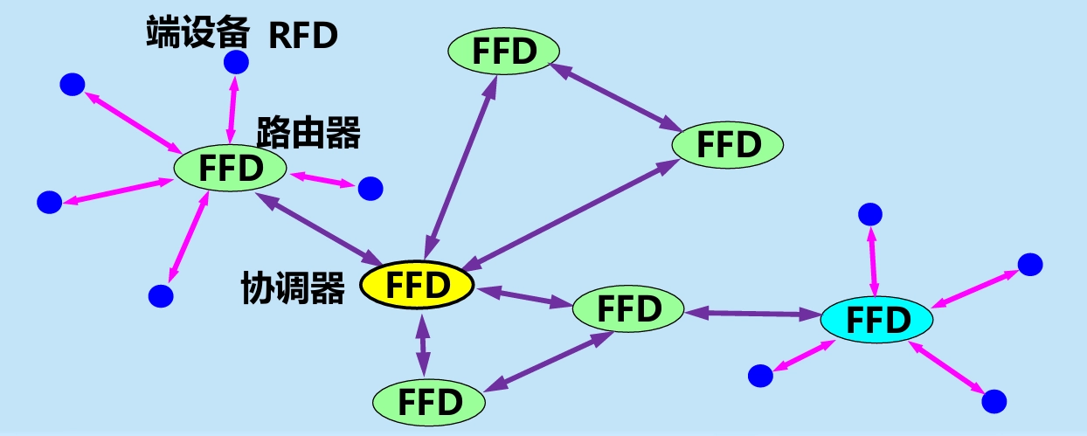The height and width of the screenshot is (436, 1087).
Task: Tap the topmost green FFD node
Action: (x=504, y=51)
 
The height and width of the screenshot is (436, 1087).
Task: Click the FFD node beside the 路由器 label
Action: (x=231, y=168)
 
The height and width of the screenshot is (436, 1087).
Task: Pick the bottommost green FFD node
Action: (x=429, y=402)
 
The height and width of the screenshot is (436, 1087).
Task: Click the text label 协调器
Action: (x=293, y=288)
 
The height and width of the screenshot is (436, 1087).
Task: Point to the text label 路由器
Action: (x=308, y=134)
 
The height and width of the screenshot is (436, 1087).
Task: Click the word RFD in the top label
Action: (x=302, y=36)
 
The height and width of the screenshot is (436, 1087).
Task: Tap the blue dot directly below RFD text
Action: (x=236, y=62)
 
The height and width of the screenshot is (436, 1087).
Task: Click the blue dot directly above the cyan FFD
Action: (x=870, y=213)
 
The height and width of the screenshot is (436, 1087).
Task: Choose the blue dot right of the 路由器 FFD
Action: (x=370, y=187)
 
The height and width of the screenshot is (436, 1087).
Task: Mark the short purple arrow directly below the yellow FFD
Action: (x=423, y=346)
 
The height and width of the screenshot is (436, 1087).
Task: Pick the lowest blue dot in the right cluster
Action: (x=994, y=401)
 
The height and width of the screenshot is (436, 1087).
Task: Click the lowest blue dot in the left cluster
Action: (x=161, y=295)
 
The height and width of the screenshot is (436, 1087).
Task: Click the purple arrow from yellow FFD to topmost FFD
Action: (x=461, y=166)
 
